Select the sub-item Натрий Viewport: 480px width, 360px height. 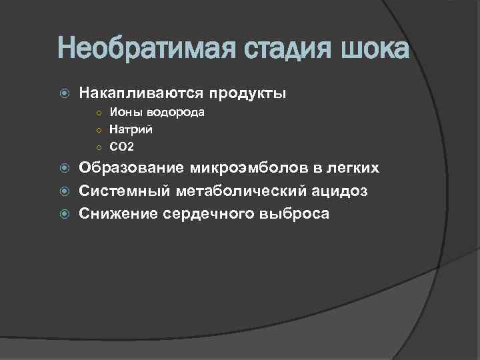pos(131,129)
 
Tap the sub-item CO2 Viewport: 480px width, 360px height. pos(121,146)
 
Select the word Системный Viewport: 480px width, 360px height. pos(125,192)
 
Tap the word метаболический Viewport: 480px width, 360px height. pos(240,192)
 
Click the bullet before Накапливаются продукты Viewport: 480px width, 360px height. pos(64,93)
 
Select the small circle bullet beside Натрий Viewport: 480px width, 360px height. pos(97,130)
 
